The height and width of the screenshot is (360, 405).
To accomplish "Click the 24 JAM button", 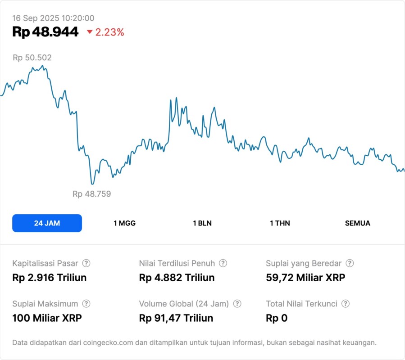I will [x=47, y=223].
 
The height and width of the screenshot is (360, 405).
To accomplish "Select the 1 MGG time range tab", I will [x=124, y=223].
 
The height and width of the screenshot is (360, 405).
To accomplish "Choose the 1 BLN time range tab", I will [x=202, y=223].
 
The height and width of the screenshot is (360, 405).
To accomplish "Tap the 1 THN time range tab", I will [x=280, y=223].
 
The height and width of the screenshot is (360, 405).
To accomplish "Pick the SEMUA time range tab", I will [x=358, y=223].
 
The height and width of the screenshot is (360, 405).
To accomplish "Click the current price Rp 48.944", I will [x=46, y=32].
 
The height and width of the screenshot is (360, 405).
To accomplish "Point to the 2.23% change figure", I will [x=109, y=32].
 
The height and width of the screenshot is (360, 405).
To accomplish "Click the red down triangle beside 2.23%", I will [x=90, y=32].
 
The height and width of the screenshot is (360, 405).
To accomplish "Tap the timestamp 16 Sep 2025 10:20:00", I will [x=53, y=18].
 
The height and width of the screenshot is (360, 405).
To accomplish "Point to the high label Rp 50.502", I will [x=32, y=58].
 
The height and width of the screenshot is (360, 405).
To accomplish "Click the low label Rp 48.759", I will [x=91, y=194].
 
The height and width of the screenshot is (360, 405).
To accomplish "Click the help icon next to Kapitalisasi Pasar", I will [x=86, y=263].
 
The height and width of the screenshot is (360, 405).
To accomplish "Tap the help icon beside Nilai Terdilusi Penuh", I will [x=223, y=263].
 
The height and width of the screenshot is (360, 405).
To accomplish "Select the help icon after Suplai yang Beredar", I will [x=350, y=263].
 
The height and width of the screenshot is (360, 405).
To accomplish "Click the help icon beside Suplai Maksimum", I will [x=86, y=304].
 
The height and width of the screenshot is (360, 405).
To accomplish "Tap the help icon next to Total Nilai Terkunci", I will [x=346, y=304].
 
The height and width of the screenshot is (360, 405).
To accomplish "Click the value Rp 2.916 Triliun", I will [x=49, y=278].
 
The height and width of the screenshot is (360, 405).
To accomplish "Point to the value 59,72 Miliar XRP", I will [x=305, y=278].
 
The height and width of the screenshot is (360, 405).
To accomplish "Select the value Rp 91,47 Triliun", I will [x=176, y=318].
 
